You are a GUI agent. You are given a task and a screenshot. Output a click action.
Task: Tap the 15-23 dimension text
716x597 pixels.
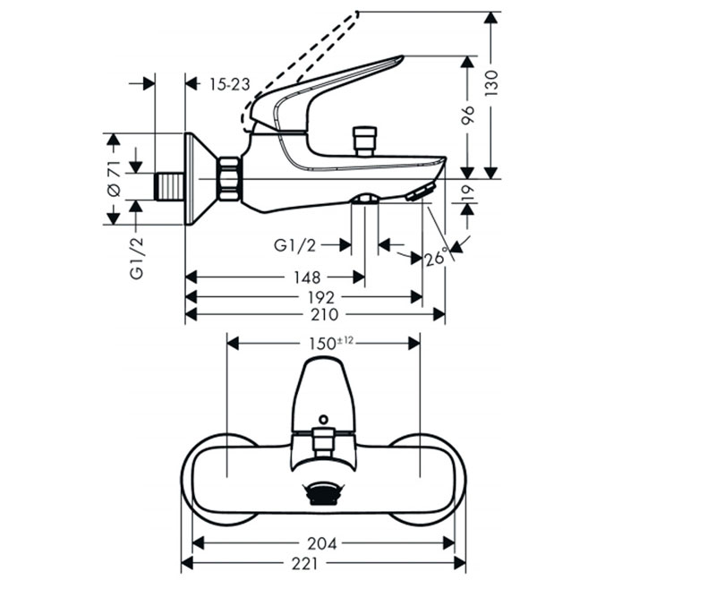tap(229, 84)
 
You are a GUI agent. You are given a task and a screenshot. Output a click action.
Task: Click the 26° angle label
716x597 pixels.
tap(436, 258)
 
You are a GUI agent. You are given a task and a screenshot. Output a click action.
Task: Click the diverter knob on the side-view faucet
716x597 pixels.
tap(364, 140)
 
